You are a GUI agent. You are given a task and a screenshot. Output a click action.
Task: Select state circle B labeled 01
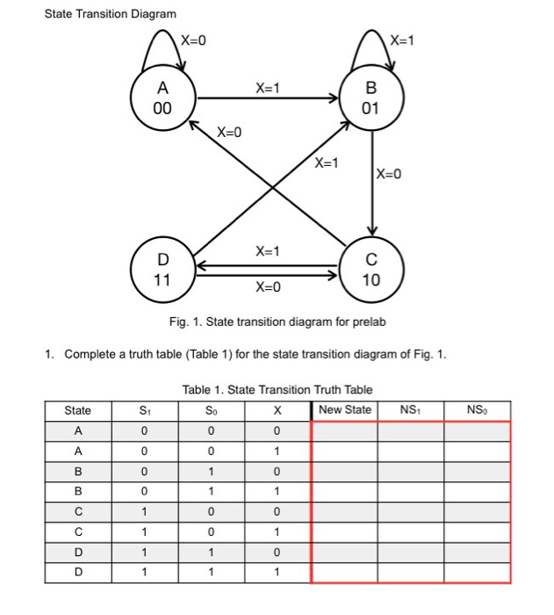coord(371,98)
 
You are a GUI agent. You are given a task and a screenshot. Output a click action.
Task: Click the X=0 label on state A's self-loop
coord(193,41)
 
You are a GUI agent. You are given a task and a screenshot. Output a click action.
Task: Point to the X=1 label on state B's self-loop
coord(402,41)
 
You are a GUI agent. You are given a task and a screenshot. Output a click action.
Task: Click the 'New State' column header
coord(345,410)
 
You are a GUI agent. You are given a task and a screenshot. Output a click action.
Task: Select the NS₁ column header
coord(410,410)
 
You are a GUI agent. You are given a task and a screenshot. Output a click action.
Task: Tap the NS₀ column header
coord(476,410)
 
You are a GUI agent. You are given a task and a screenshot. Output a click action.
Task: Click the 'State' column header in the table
coord(77,410)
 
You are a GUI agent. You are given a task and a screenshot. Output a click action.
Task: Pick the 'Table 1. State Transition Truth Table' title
coord(277,389)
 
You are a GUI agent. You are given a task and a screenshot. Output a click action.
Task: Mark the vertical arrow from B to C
coord(372,176)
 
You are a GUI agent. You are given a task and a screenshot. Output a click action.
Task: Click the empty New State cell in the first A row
coord(345,430)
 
